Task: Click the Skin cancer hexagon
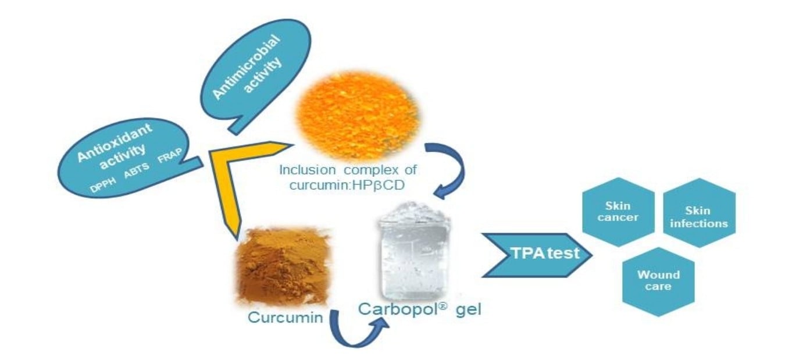[x=619, y=212]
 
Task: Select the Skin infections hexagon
[x=698, y=217]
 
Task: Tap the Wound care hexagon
[x=658, y=281]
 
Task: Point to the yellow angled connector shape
[x=233, y=174]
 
